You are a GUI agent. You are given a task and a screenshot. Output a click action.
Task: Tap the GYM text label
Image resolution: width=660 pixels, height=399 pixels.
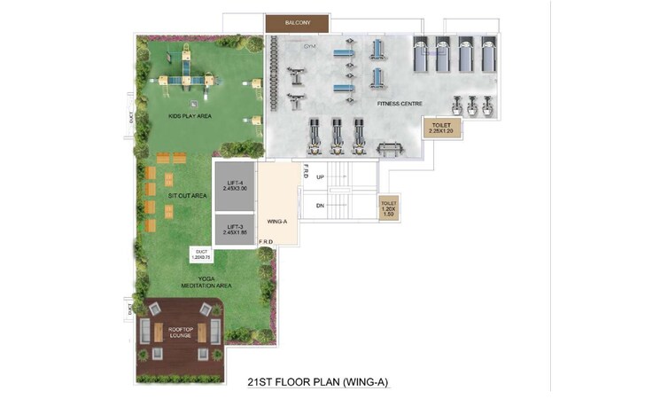coord(310,45)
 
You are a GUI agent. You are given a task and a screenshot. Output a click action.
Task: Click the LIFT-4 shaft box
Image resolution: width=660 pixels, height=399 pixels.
coord(234,185)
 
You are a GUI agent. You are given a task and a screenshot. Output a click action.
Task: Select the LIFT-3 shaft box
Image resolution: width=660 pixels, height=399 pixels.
coord(234,230)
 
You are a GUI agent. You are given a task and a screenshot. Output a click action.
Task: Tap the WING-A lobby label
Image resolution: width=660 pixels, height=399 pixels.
coord(277,222)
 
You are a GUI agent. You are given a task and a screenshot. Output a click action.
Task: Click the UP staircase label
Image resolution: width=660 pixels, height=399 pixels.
coord(321,176)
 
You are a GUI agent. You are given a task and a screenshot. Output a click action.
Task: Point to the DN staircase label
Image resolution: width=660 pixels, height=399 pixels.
coord(321,206)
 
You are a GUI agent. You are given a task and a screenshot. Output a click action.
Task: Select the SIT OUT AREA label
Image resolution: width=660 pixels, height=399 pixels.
coord(187,194)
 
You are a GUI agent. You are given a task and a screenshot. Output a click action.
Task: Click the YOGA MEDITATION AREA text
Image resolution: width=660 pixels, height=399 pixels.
coord(206,282)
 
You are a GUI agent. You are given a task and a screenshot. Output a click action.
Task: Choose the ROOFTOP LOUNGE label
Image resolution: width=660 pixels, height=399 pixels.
coord(181,332)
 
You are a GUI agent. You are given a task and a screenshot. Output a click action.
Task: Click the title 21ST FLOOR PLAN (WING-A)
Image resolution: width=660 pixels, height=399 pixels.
coord(318,383)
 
